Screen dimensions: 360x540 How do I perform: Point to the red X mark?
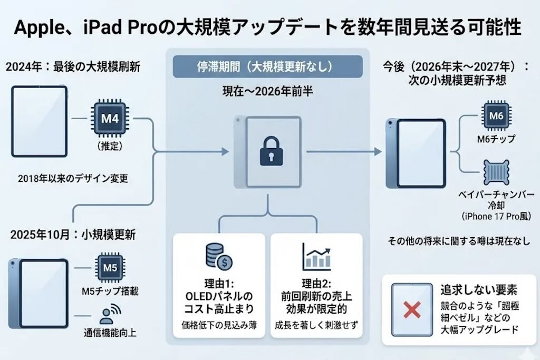pyautogui.click(x=411, y=310)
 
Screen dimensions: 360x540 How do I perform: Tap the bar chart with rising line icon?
pyautogui.click(x=316, y=257)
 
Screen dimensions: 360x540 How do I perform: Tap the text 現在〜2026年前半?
pyautogui.click(x=267, y=91)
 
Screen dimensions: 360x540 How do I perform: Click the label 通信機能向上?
pyautogui.click(x=110, y=333)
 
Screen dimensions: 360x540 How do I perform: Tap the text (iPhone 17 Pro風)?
pyautogui.click(x=496, y=216)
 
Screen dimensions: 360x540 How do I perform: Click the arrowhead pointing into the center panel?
pyautogui.click(x=226, y=151)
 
